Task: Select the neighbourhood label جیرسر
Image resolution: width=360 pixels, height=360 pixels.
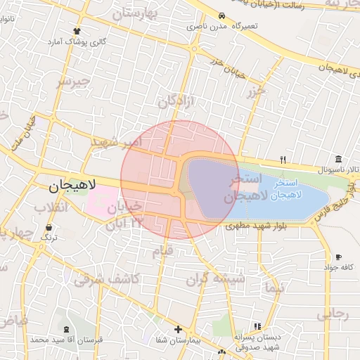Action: tap(74, 83)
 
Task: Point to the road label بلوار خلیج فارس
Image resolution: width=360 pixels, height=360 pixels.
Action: tap(335, 202)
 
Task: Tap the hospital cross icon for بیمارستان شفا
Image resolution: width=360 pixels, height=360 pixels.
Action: tap(178, 329)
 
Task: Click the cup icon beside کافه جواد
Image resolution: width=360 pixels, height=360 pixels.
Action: tap(339, 257)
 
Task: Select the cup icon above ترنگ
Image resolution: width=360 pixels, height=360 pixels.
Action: tap(49, 228)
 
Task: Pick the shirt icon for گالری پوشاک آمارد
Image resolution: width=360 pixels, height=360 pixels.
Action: tap(77, 32)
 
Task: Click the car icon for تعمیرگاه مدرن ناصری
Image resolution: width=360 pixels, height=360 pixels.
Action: tap(222, 15)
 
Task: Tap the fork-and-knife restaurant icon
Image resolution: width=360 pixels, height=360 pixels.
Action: tap(283, 159)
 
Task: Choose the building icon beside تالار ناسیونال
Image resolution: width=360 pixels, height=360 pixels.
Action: tap(339, 158)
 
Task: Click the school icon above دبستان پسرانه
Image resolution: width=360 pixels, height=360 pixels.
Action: tap(257, 326)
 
